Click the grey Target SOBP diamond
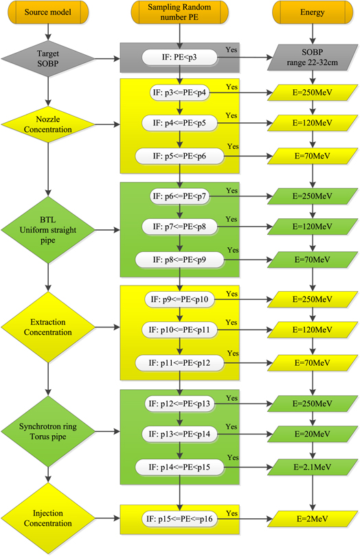point(47,59)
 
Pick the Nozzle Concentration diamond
point(47,124)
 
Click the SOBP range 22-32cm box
point(313,59)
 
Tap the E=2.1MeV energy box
point(313,467)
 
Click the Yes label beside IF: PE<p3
point(230,51)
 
